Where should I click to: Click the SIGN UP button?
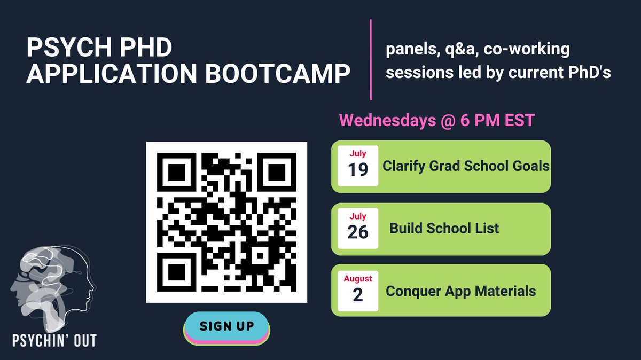click(x=227, y=326)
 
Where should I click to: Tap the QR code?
click(x=226, y=222)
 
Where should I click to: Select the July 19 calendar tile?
click(x=358, y=166)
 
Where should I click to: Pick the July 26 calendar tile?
click(x=358, y=228)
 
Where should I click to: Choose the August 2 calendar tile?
click(x=358, y=291)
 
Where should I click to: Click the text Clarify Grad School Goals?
click(x=466, y=166)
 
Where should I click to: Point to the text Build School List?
click(x=444, y=229)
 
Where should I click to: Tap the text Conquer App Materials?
click(x=460, y=291)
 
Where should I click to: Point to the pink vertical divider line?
click(x=371, y=59)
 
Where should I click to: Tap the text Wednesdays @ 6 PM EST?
click(x=437, y=120)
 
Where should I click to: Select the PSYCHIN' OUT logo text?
click(x=55, y=340)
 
